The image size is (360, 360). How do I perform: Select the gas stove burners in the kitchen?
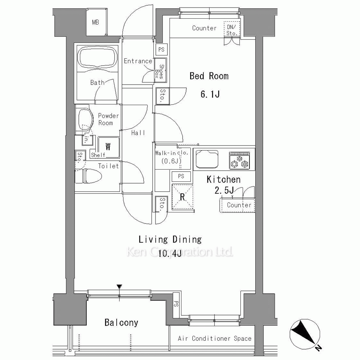(x=239, y=161)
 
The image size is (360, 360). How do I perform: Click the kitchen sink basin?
(x=207, y=159)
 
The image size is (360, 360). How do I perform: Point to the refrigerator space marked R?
(x=183, y=197)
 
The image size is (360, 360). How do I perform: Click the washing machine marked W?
(x=108, y=147)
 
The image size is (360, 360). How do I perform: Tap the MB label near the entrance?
(x=95, y=22)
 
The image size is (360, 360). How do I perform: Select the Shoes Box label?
(x=159, y=71)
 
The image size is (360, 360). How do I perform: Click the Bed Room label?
(x=209, y=76)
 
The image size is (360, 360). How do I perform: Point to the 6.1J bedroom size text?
(x=210, y=94)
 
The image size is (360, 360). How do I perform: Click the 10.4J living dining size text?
(x=170, y=253)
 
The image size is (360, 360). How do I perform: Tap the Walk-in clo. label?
(x=172, y=153)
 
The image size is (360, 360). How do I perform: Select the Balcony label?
(x=121, y=323)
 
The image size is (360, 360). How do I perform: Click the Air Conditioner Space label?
(x=215, y=338)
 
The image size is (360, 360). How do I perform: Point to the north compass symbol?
(x=305, y=335)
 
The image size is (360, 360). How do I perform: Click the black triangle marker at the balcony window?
(x=119, y=287)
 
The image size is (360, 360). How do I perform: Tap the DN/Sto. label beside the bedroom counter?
(x=231, y=30)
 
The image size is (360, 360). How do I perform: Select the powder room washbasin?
(x=85, y=120)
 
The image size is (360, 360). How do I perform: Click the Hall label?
(x=138, y=133)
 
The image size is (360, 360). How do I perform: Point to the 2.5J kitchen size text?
(x=224, y=190)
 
